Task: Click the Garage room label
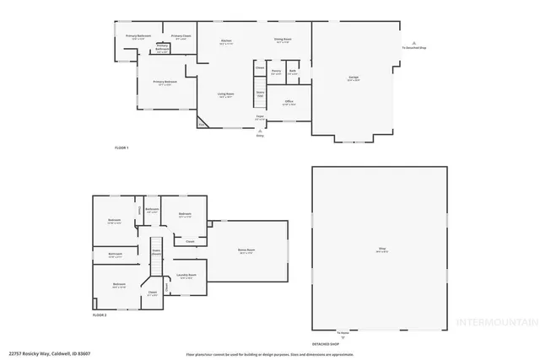(x=354, y=78)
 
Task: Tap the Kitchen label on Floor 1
(x=226, y=42)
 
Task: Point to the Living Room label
(x=226, y=94)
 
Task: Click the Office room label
(x=289, y=103)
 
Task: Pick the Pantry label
(x=276, y=72)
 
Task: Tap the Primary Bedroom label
(x=165, y=83)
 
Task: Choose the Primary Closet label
(x=181, y=36)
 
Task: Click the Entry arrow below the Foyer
(x=260, y=131)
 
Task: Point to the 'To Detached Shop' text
(x=413, y=48)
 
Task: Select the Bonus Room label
(x=246, y=251)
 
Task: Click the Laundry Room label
(x=187, y=276)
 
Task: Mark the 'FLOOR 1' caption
(x=121, y=148)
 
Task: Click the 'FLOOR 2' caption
(x=100, y=314)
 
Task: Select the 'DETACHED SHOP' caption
(x=326, y=344)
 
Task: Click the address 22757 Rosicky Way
(x=50, y=352)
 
